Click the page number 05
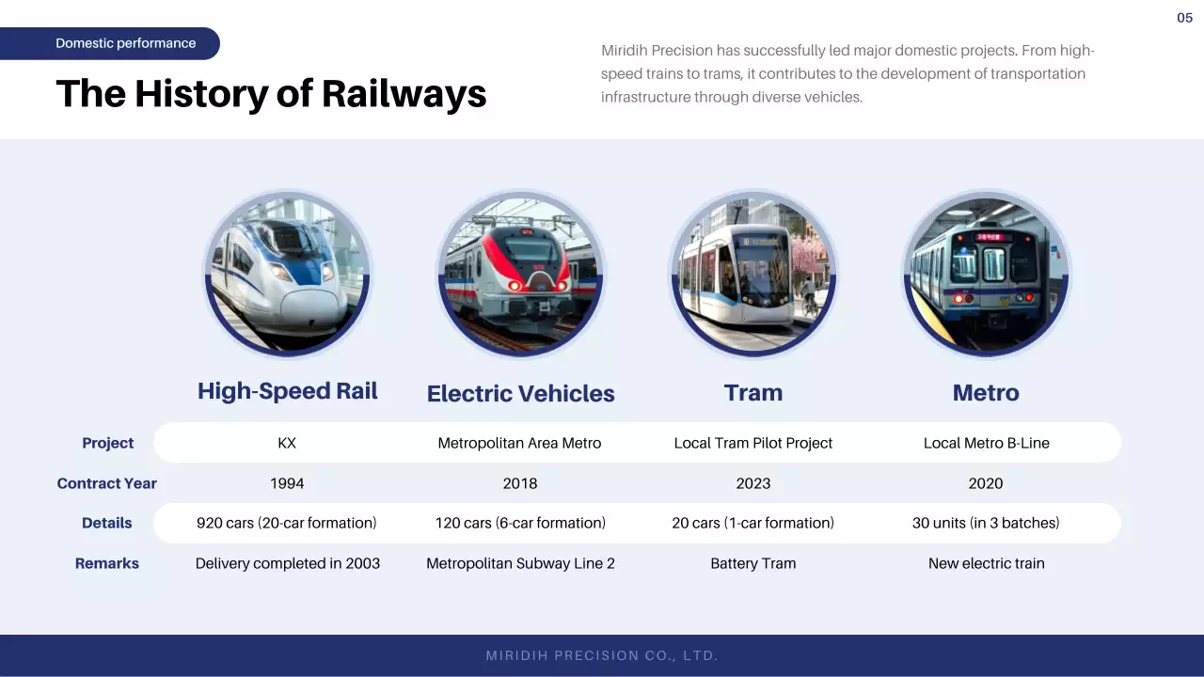[1184, 18]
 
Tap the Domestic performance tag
[125, 43]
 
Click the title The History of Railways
[271, 94]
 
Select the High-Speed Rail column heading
[287, 391]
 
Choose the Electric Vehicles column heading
[520, 394]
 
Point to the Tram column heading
[752, 393]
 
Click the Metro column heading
[985, 393]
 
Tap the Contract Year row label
[106, 483]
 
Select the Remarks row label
[107, 563]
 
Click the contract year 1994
[287, 483]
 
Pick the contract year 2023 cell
[752, 483]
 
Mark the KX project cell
[287, 443]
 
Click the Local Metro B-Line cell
[986, 443]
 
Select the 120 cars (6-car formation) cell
[520, 523]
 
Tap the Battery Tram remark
[752, 563]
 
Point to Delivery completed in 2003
[287, 563]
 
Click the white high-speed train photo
[287, 273]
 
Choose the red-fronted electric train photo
[520, 273]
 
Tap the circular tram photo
[752, 273]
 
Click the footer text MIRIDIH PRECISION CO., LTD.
[602, 655]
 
